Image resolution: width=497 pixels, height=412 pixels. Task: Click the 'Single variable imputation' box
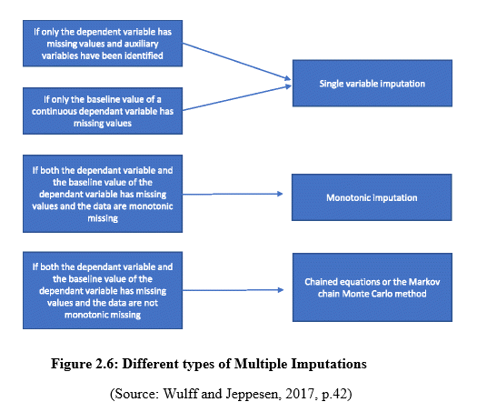(373, 83)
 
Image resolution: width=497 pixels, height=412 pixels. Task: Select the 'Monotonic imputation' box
(372, 197)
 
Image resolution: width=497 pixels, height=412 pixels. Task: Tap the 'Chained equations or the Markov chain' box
(373, 287)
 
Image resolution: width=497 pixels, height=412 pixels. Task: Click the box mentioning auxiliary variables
(103, 44)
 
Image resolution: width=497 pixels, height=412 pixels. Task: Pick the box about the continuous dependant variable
(103, 111)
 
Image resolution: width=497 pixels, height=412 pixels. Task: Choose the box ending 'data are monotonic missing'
(103, 194)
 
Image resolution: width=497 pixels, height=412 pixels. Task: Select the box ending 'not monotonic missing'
(103, 290)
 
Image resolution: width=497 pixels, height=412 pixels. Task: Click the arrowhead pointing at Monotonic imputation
(280, 194)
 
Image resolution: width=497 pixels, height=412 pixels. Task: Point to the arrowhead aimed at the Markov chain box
(281, 289)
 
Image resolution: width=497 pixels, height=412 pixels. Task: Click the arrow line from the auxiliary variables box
(237, 61)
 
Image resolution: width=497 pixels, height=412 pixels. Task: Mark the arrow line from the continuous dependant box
(237, 98)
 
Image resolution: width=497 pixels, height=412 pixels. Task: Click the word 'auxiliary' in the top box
(144, 44)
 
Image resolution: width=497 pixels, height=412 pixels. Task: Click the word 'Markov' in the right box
(424, 282)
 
